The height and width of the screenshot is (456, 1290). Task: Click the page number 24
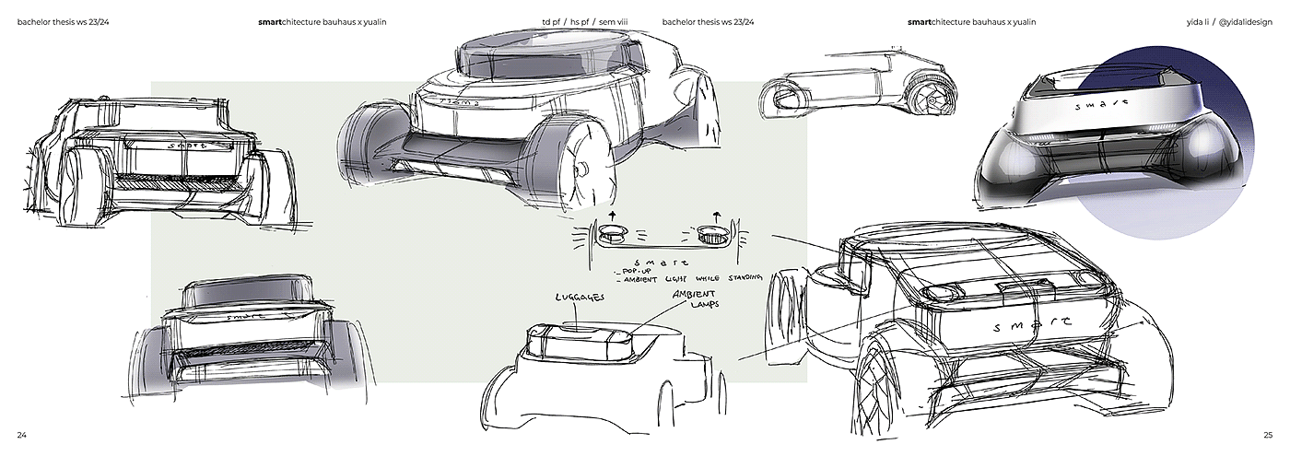(21, 435)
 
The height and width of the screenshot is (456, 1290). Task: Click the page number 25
(1268, 435)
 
